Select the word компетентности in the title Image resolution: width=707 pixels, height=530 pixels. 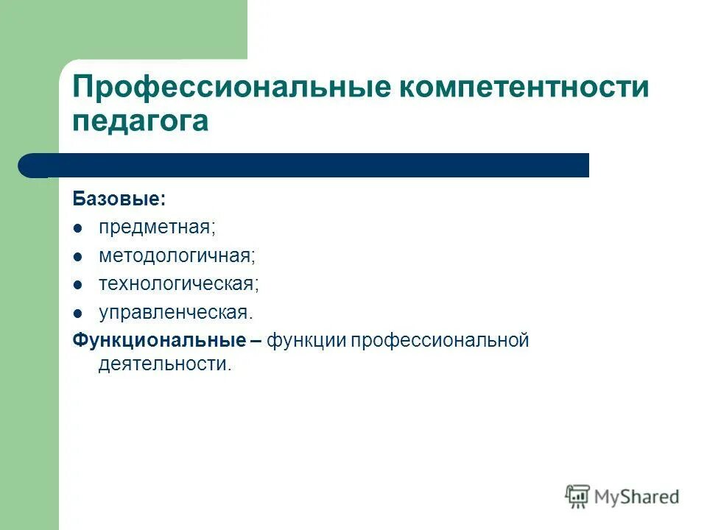524,88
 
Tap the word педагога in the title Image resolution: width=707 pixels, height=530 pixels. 140,121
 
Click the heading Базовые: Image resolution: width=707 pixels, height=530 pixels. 119,199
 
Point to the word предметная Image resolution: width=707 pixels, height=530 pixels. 157,228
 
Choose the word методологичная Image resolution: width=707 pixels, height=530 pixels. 177,256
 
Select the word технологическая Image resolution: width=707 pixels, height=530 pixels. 179,284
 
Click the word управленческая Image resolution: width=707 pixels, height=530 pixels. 175,312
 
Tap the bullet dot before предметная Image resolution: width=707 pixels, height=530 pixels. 79,229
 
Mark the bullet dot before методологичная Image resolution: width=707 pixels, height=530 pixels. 79,257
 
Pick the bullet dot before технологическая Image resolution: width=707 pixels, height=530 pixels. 79,285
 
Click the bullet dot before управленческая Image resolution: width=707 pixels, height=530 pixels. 79,313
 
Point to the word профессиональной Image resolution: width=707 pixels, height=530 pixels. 440,341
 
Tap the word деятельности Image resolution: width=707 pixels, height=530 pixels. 164,364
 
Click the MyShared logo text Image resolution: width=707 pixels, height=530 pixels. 637,497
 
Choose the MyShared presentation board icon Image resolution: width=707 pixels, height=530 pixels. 578,497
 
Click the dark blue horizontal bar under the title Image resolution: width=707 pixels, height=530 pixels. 309,166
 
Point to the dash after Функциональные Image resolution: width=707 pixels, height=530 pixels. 256,342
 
